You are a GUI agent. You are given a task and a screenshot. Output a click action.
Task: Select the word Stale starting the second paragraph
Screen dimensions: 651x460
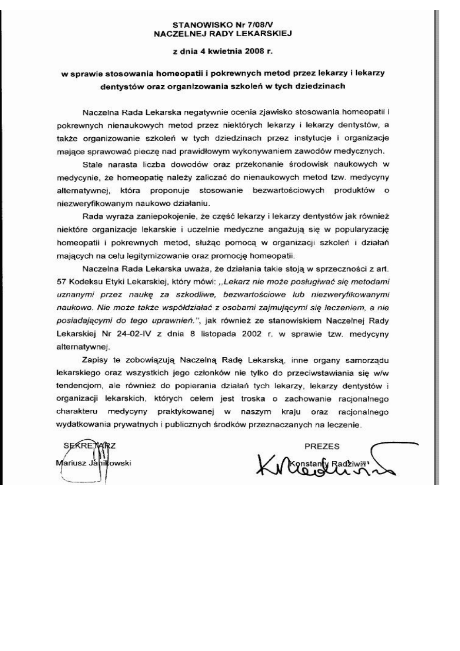[93, 164]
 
